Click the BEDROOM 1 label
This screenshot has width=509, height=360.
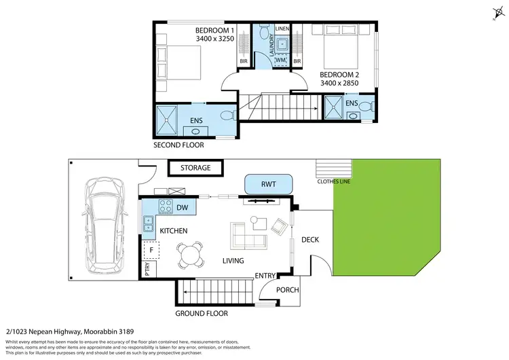point(215,30)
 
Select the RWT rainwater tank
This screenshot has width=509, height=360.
point(269,184)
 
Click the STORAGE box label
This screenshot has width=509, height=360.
point(195,168)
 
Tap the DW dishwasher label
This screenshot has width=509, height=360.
point(181,207)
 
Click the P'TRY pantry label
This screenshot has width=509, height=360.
point(147,269)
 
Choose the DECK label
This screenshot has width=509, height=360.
point(309,240)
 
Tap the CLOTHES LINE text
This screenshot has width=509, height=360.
point(333,181)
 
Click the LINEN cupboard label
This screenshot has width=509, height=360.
point(282,29)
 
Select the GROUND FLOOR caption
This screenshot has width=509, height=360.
point(202,314)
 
